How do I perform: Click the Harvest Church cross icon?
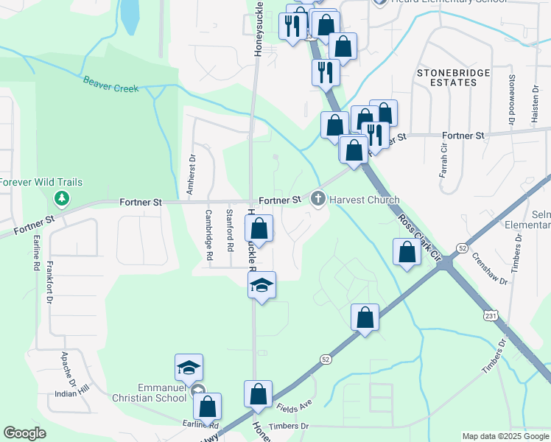coord(318,199)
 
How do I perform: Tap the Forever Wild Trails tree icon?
coord(62,198)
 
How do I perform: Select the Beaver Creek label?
coord(110,84)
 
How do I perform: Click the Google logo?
coord(25,433)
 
